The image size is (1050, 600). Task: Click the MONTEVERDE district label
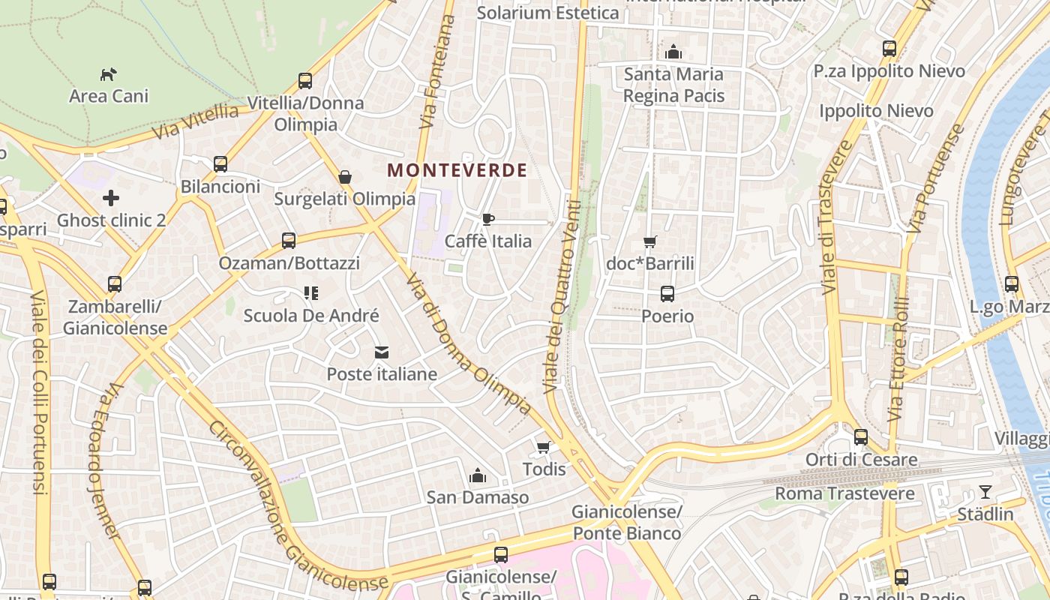(x=457, y=170)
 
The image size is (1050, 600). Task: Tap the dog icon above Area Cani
(x=109, y=74)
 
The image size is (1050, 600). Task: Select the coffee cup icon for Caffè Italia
(x=488, y=219)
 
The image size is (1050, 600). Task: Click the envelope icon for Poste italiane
(x=382, y=352)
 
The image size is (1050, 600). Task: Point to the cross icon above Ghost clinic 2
(x=111, y=198)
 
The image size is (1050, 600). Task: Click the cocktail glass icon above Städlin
(x=985, y=493)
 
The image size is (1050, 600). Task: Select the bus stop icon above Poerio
(x=667, y=294)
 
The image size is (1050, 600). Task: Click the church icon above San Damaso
(x=477, y=475)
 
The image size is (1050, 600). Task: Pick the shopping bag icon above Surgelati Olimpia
(x=345, y=177)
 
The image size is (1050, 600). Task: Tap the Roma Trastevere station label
(x=844, y=493)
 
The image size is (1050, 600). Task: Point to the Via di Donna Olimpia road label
(x=469, y=345)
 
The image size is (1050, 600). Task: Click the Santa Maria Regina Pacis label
(x=673, y=85)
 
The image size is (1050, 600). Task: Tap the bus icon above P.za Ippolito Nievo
(x=889, y=49)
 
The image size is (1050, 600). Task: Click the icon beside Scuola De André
(x=311, y=293)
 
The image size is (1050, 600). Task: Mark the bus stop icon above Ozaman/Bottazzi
(x=289, y=241)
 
